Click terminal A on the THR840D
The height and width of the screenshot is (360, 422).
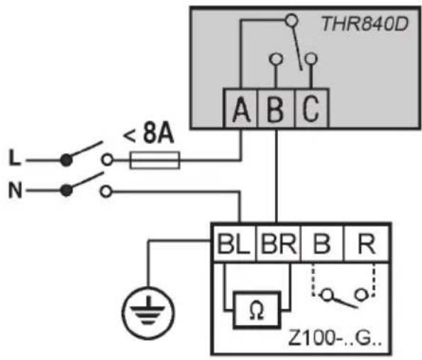(x=241, y=108)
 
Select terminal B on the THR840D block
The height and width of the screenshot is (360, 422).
(x=276, y=108)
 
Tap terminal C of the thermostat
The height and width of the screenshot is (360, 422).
(x=311, y=108)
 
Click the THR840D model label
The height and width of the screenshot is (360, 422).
(x=365, y=24)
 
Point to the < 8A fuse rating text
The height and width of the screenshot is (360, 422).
(x=148, y=134)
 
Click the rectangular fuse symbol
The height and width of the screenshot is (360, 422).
(x=155, y=160)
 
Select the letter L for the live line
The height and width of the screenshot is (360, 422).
(x=14, y=158)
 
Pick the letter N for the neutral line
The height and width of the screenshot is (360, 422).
(x=15, y=190)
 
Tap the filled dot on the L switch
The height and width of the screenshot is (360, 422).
(x=66, y=160)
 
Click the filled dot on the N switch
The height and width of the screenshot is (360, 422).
(x=66, y=191)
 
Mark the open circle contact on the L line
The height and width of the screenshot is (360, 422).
(x=107, y=160)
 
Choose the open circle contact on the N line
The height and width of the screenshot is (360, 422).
(x=106, y=192)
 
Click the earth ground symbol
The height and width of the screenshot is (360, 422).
(x=148, y=313)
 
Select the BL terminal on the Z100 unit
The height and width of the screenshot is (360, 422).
(x=234, y=244)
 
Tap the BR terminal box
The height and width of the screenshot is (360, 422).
(x=279, y=244)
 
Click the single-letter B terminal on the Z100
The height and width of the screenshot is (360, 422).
(x=322, y=244)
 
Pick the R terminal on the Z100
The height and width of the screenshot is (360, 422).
(x=367, y=244)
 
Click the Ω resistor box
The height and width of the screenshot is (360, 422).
(x=257, y=310)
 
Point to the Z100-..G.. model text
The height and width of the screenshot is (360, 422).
(x=335, y=338)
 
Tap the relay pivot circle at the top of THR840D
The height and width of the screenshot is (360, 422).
(x=291, y=20)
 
